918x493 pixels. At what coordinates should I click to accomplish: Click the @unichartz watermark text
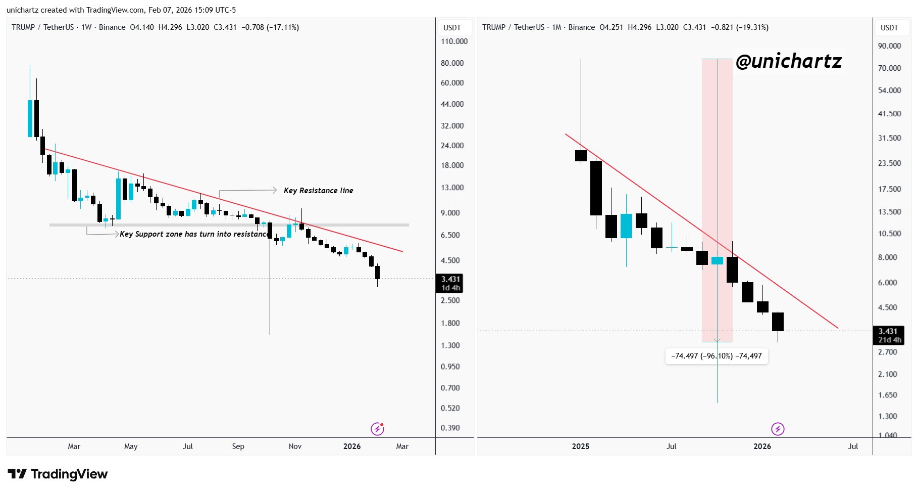[x=788, y=62]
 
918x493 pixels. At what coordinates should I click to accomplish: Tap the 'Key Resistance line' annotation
[x=318, y=191]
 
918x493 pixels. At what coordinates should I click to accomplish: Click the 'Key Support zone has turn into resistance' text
[x=193, y=234]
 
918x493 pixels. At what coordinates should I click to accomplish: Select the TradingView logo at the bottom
[x=58, y=474]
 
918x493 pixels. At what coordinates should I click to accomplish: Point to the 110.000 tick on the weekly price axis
[x=454, y=41]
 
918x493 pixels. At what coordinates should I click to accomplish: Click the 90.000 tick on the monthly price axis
[x=889, y=46]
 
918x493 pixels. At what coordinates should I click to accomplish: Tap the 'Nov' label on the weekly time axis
[x=295, y=446]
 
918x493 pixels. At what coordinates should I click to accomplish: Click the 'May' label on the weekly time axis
[x=131, y=446]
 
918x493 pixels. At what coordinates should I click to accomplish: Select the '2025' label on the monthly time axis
[x=581, y=446]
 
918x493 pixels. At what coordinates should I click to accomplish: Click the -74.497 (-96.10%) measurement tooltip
[x=717, y=356]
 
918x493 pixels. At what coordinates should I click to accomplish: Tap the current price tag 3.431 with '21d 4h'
[x=889, y=336]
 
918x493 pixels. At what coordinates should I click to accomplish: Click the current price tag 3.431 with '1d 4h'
[x=450, y=283]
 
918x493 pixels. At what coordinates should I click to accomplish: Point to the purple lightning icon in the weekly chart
[x=377, y=429]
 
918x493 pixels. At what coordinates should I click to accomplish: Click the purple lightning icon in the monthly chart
[x=778, y=429]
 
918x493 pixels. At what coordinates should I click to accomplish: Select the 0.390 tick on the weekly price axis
[x=450, y=428]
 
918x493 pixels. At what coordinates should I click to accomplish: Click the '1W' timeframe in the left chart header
[x=86, y=27]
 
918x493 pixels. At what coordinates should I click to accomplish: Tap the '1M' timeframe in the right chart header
[x=556, y=27]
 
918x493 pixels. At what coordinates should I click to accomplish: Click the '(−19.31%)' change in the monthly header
[x=752, y=27]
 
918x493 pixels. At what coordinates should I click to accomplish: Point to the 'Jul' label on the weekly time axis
[x=188, y=446]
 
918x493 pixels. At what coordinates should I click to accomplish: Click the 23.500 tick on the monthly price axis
[x=889, y=163]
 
